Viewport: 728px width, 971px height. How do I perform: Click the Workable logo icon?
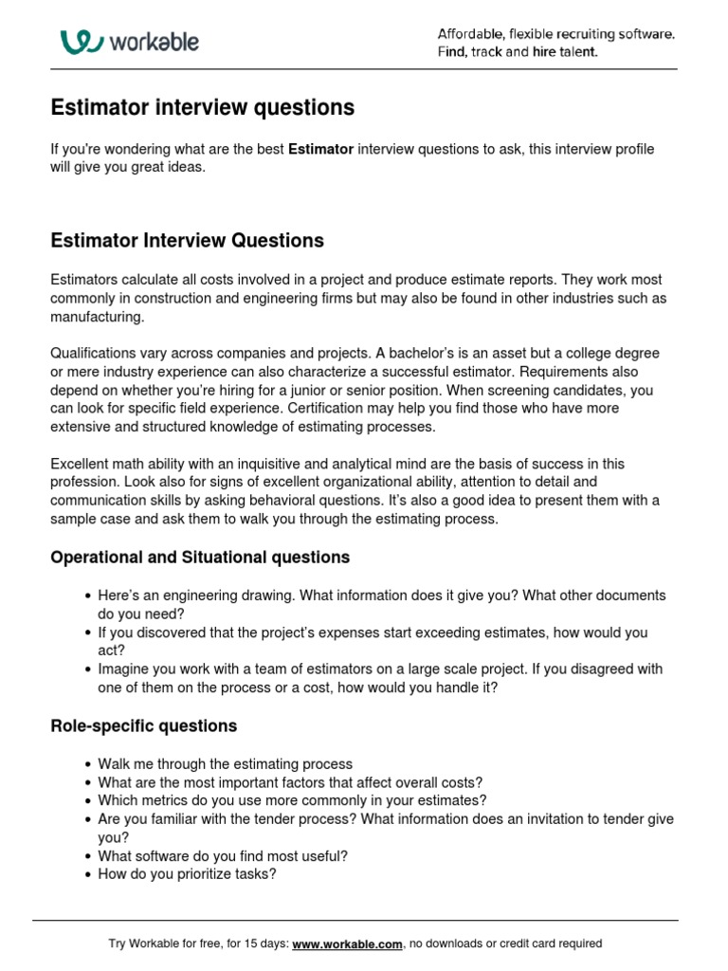(x=82, y=42)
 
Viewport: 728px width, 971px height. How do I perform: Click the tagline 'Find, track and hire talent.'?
(x=518, y=52)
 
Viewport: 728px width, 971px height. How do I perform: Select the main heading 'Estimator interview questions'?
(x=202, y=108)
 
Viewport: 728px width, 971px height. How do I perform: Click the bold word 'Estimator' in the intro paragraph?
(x=320, y=149)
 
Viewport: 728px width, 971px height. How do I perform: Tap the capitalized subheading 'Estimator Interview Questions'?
(x=187, y=241)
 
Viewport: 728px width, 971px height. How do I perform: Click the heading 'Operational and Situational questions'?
(x=200, y=558)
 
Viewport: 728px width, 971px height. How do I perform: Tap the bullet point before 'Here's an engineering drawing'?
(x=87, y=596)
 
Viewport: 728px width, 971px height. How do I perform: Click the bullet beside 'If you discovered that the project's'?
(x=87, y=632)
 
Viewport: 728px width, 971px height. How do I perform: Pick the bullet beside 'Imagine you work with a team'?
(x=87, y=669)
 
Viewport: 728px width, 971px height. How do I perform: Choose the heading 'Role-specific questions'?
(x=143, y=726)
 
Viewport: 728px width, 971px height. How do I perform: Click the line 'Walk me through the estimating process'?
(x=225, y=763)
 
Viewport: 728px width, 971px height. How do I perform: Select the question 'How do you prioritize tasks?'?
(x=187, y=874)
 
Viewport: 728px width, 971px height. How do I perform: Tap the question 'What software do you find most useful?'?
(x=223, y=855)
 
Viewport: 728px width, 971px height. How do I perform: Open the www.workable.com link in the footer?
(x=348, y=944)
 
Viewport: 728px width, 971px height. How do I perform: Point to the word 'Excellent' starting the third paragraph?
(x=81, y=464)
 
